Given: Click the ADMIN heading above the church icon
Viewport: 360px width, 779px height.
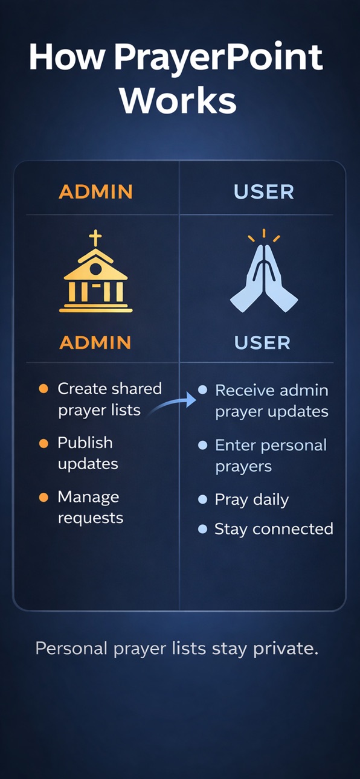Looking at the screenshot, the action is (x=95, y=191).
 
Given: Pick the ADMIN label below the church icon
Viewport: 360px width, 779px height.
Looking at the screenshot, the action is (x=95, y=342).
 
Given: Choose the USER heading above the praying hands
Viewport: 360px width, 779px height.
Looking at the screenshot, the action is (x=264, y=192).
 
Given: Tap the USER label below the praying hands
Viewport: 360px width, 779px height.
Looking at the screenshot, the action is (x=262, y=343).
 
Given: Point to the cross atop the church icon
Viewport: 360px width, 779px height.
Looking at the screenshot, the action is (x=95, y=238).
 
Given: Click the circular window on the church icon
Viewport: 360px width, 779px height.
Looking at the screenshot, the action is (x=95, y=269).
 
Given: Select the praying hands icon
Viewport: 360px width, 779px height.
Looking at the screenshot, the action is (x=264, y=278).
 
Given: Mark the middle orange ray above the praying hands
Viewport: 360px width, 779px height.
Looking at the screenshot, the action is (x=264, y=233).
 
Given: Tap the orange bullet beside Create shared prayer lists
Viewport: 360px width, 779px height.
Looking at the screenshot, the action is (x=43, y=388).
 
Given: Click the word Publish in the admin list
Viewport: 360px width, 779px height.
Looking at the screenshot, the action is (x=85, y=443).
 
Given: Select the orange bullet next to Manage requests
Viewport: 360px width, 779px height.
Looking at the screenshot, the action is (x=43, y=498).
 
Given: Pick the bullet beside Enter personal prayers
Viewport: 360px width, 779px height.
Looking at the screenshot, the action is (x=202, y=445).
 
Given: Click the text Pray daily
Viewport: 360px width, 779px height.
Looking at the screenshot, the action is (x=252, y=500).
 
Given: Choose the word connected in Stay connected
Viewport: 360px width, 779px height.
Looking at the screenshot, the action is (x=293, y=529).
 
